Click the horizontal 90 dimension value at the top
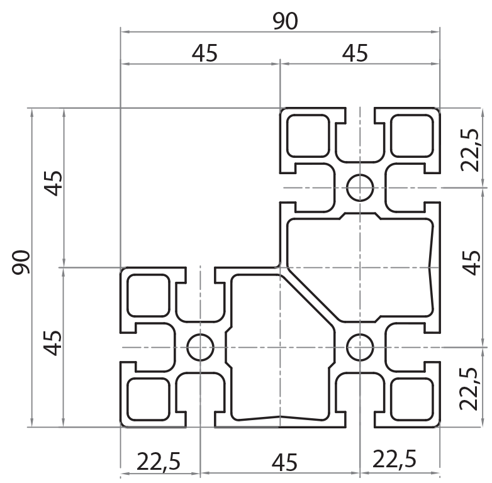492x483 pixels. pos(285,21)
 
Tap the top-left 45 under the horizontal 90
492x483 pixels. pos(204,54)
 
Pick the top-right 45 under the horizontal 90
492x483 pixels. pos(355,54)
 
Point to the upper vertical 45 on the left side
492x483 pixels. pos(55,183)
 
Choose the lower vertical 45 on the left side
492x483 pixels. pos(55,343)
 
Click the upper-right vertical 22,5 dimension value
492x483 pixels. pos(470,150)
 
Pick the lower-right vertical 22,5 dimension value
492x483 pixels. pos(470,389)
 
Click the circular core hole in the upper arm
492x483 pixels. pos(360,187)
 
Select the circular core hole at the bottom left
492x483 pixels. pos(200,347)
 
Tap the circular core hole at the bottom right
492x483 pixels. pos(360,347)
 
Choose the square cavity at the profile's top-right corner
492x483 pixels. pos(412,135)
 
